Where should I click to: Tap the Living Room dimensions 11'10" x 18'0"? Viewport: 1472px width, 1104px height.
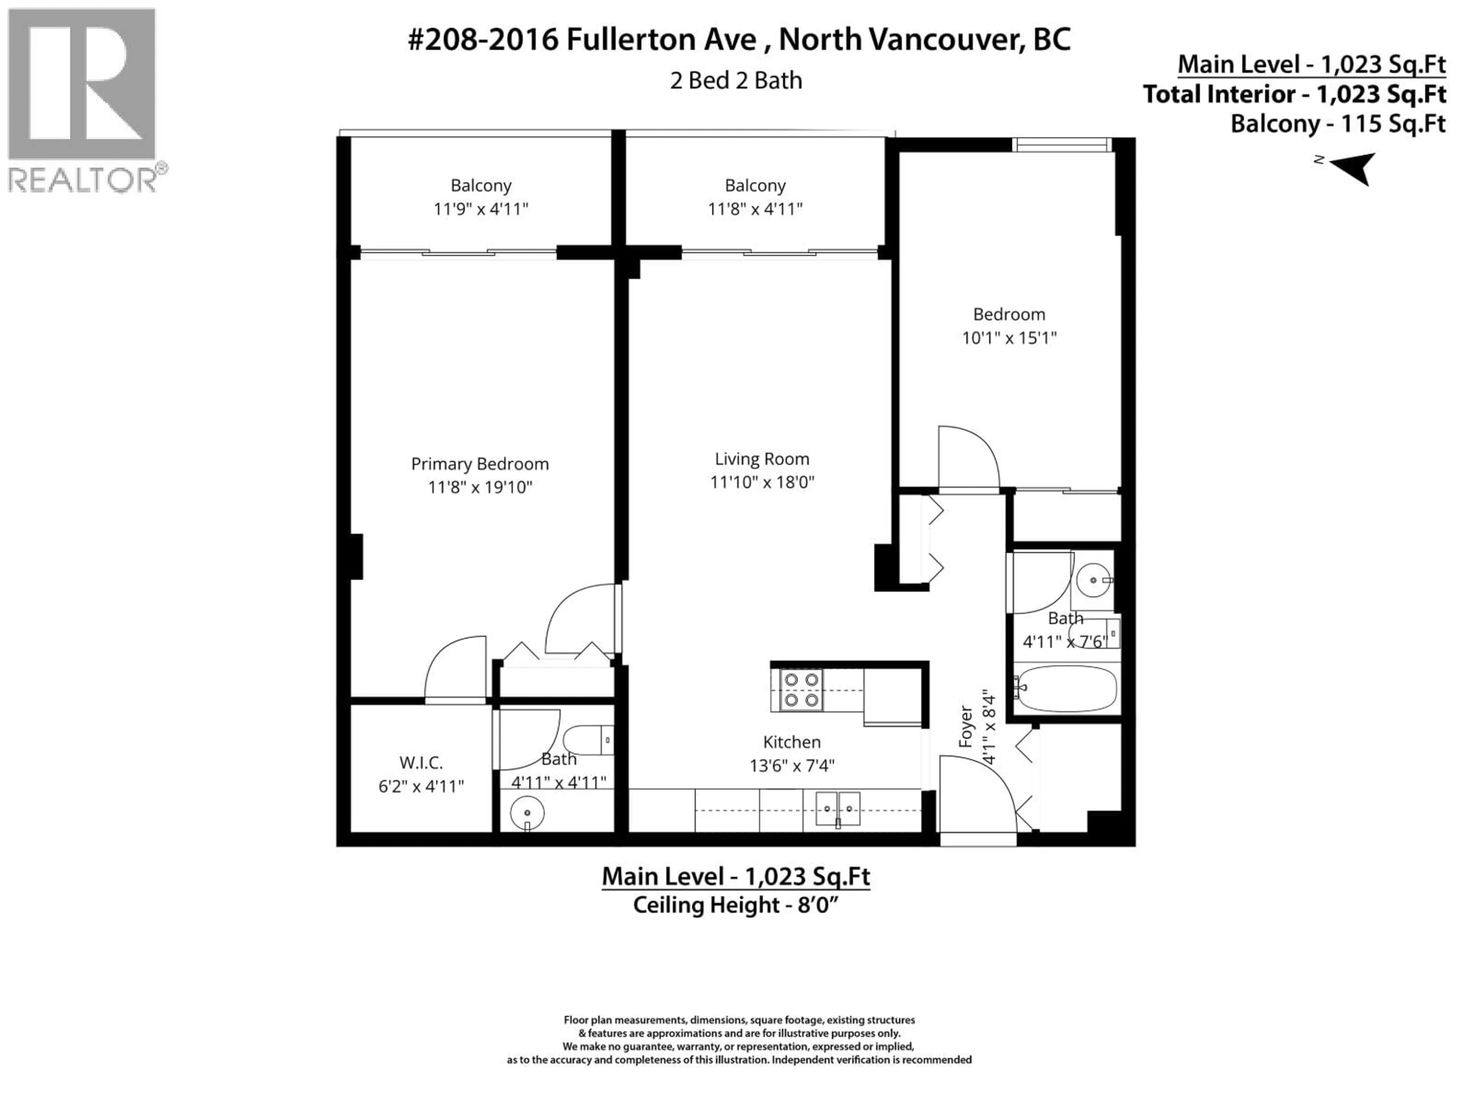point(762,482)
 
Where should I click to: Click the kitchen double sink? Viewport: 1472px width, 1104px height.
point(838,809)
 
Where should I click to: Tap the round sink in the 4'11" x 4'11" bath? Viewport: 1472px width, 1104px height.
point(527,813)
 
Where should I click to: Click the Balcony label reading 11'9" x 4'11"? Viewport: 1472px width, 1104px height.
point(480,197)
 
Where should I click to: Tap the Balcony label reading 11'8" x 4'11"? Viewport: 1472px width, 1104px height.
point(755,197)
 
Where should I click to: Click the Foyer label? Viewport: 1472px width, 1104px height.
point(966,727)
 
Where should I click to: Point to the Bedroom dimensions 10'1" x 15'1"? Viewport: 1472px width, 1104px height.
point(1009,338)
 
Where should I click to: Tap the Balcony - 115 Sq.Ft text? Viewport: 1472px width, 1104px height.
point(1337,124)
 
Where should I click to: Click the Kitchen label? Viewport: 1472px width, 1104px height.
point(791,742)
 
